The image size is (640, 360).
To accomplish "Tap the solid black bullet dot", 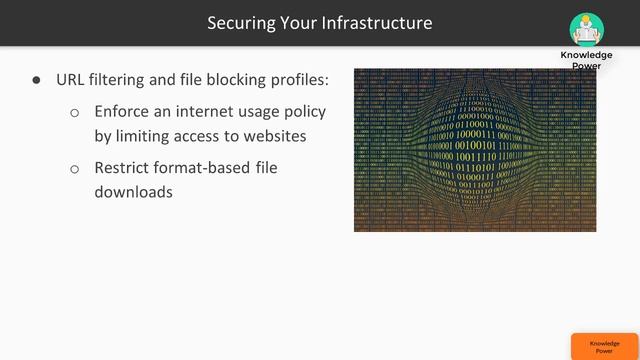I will point(37,79).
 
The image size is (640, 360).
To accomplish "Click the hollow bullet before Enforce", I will point(75,112).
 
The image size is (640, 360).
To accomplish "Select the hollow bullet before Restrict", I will point(75,169).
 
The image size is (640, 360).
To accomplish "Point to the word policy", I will point(304,111).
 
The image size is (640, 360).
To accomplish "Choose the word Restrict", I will point(128,168).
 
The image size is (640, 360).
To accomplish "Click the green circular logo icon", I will point(586,28).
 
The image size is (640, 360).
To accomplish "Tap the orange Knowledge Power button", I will point(604,346).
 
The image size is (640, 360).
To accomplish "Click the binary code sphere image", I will point(475,150).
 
